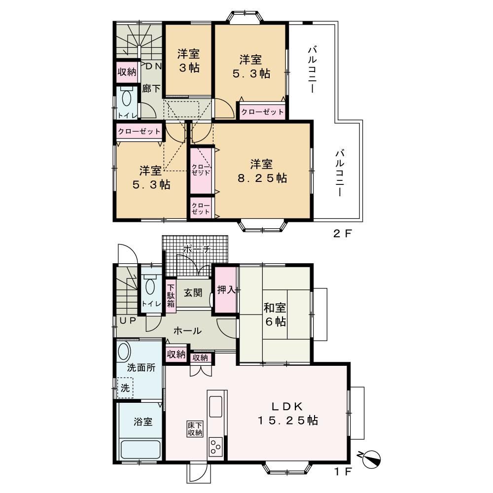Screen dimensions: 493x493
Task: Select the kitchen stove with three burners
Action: [x=215, y=447]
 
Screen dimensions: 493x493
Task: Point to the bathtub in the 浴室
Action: [x=141, y=450]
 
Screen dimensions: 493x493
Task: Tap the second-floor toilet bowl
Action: [x=127, y=98]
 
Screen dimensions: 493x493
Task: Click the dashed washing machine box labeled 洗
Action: [x=125, y=387]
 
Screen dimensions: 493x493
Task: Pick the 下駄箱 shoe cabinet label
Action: [x=171, y=296]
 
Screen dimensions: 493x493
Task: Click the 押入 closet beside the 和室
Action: [x=226, y=289]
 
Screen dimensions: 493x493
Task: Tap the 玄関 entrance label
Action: [x=193, y=293]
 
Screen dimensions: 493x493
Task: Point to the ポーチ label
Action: [x=196, y=249]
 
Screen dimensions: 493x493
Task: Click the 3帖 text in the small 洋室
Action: [x=189, y=68]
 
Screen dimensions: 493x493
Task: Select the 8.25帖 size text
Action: [x=262, y=178]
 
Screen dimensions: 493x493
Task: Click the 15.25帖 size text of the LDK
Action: [x=288, y=421]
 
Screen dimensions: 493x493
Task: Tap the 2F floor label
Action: [x=342, y=233]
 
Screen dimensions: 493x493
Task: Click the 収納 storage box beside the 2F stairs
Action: [x=127, y=71]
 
